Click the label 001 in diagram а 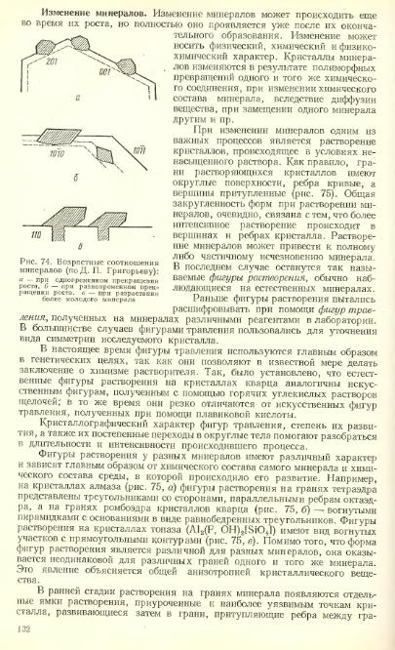[x=105, y=70]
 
